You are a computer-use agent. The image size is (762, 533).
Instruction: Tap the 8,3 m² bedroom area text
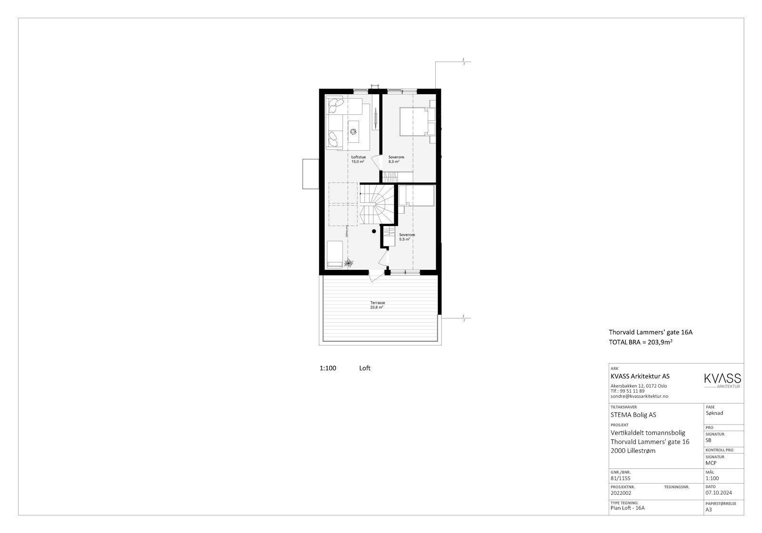pos(393,162)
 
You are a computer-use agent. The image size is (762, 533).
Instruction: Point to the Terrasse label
pos(378,303)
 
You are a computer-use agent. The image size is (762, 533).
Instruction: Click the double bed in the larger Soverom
pos(413,122)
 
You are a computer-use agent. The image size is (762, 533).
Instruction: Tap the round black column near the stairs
pos(374,231)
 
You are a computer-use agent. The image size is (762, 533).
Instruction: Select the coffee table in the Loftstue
pos(353,131)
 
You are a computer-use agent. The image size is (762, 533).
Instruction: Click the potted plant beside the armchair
pos(349,262)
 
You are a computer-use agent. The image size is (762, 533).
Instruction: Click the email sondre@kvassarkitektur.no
pos(639,396)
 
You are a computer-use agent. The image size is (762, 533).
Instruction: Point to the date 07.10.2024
pos(719,493)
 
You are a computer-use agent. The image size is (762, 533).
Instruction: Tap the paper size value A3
pos(709,510)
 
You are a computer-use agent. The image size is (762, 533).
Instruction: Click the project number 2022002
pos(621,493)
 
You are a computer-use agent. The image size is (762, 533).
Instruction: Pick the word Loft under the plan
pos(365,368)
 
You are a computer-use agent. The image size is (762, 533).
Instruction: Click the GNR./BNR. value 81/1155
pos(620,478)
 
